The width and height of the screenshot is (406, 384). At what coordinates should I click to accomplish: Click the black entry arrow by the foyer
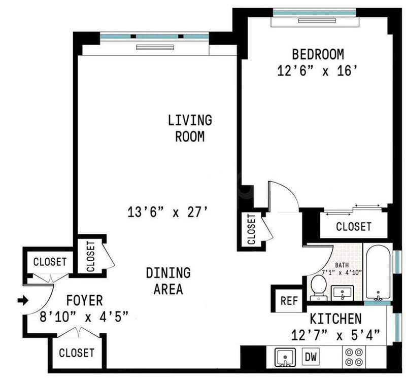click(23, 300)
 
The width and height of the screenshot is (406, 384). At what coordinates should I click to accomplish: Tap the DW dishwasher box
click(311, 357)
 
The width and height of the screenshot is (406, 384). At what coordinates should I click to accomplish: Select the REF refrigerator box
click(289, 301)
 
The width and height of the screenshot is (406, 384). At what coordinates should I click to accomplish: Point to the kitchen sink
click(285, 358)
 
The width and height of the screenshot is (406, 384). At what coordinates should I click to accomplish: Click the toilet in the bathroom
click(319, 288)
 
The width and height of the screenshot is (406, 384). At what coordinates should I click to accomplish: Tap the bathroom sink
click(343, 292)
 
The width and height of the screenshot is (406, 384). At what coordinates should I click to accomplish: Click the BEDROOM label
click(318, 54)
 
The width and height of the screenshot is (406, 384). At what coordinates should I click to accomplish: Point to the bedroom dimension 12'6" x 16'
click(318, 71)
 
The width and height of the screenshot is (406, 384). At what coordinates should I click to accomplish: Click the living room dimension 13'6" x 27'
click(168, 212)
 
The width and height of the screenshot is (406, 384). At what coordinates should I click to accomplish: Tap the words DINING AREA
click(168, 281)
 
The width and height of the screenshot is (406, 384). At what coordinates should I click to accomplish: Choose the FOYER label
click(85, 300)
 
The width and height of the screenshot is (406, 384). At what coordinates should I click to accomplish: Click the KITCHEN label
click(335, 319)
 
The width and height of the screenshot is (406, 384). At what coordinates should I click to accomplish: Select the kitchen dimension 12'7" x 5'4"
click(335, 335)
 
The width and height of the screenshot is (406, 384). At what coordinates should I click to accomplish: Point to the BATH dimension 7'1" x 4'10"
click(342, 272)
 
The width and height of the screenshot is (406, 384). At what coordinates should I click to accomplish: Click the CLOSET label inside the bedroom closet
click(353, 227)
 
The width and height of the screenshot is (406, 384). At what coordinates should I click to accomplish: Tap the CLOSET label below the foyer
click(77, 353)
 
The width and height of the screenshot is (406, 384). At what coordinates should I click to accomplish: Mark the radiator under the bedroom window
click(317, 21)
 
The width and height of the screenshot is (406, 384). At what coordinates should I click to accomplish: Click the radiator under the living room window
click(155, 47)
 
